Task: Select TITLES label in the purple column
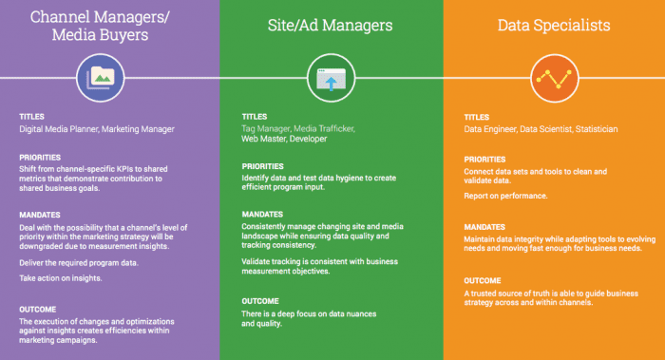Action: click(x=31, y=117)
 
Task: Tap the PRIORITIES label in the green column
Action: click(x=262, y=166)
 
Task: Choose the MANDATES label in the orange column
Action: click(x=485, y=227)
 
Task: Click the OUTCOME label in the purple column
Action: click(x=37, y=310)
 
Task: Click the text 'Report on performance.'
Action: click(x=505, y=195)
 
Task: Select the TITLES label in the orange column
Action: click(x=477, y=117)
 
